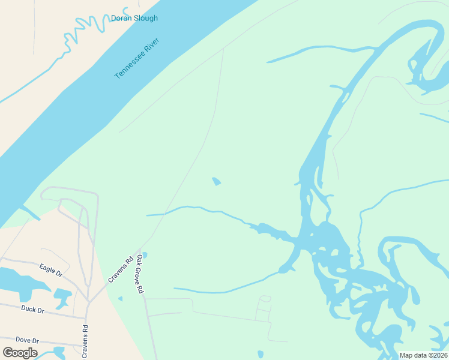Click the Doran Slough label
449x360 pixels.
[134, 18]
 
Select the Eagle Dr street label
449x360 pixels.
[50, 270]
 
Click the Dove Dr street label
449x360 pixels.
[27, 340]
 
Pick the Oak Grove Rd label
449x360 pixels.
[140, 274]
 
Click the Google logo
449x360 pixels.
[20, 353]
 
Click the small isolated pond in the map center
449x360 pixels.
[216, 181]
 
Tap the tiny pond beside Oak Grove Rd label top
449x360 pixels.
[144, 254]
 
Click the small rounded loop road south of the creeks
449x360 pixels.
[265, 299]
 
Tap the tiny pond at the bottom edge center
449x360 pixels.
[260, 355]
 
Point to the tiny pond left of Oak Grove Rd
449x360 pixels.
[120, 299]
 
